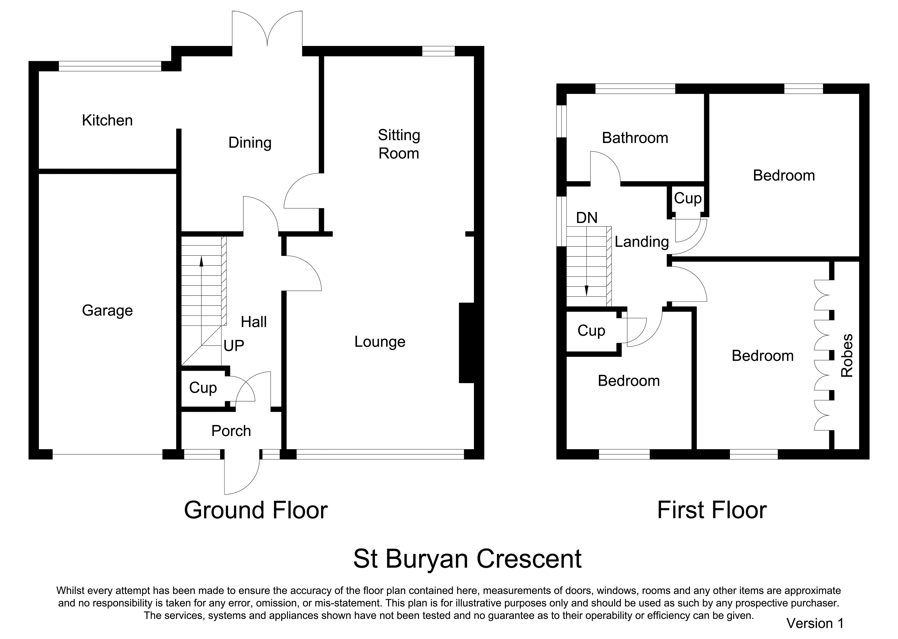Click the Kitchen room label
tap(107, 120)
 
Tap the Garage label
tap(107, 311)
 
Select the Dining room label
tap(250, 143)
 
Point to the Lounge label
tap(380, 342)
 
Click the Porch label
tap(231, 431)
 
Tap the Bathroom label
tap(635, 138)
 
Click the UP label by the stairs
tap(234, 346)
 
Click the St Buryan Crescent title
tap(467, 559)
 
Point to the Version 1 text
tap(815, 623)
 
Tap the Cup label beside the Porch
tap(203, 388)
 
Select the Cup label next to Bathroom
tap(688, 198)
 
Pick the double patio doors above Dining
tap(267, 28)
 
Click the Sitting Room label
tap(399, 144)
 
